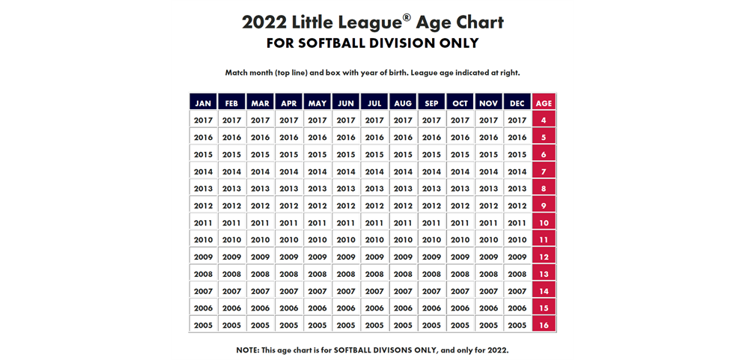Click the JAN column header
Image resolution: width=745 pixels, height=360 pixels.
(x=203, y=103)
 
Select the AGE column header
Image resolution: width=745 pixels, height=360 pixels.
(x=544, y=103)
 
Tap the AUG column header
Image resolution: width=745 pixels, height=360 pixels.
(x=402, y=103)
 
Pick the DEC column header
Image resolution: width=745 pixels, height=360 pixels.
(x=516, y=103)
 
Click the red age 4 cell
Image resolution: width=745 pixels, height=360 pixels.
(x=544, y=120)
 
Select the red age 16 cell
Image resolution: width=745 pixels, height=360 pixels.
(x=544, y=326)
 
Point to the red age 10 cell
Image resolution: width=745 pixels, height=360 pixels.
(x=544, y=223)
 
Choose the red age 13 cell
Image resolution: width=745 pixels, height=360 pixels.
(x=544, y=274)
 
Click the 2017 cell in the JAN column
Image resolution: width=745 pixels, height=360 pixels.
(x=203, y=120)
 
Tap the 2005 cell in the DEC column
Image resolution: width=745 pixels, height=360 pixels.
(x=516, y=326)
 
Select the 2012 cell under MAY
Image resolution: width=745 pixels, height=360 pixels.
(x=317, y=206)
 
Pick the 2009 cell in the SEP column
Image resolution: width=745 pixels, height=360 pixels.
(x=431, y=257)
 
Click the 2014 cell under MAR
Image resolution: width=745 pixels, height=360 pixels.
(x=260, y=171)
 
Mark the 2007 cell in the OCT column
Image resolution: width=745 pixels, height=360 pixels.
(x=459, y=291)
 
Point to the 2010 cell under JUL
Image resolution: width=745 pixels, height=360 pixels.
(x=374, y=240)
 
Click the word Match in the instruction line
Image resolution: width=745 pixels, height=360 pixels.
(x=239, y=73)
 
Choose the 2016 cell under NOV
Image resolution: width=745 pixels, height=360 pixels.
(x=487, y=137)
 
